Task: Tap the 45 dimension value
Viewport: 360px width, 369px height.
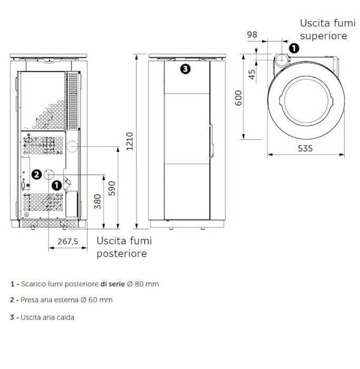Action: (x=252, y=74)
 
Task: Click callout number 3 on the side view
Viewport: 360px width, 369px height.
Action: (x=185, y=69)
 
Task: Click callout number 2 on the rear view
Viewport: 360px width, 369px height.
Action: (x=37, y=175)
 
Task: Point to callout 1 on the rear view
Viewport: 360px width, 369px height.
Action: (x=56, y=185)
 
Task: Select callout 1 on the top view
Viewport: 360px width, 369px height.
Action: (x=293, y=48)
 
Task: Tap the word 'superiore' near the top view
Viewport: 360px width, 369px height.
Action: (x=323, y=36)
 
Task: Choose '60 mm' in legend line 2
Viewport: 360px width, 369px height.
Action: (x=101, y=300)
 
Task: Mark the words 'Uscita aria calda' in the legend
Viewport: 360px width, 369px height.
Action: (x=47, y=317)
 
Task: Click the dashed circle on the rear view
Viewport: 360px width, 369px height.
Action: (x=71, y=146)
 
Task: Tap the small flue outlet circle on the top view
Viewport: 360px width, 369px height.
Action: (x=281, y=59)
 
